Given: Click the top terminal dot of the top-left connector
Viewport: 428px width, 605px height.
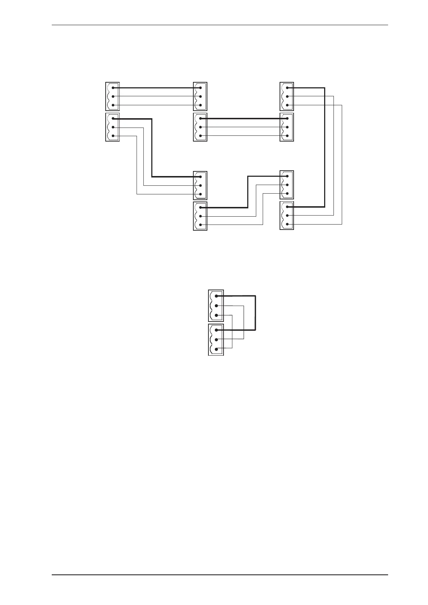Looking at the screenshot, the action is point(113,88).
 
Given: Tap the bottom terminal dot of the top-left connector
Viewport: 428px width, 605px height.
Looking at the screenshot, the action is point(113,105).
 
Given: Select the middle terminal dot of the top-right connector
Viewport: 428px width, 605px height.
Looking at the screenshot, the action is point(287,96).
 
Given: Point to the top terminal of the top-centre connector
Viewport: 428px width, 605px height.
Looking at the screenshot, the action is point(200,88).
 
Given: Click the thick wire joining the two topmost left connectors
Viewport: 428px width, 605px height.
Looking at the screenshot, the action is point(156,88).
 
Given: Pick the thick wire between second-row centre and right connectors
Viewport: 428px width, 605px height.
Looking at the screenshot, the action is point(244,118).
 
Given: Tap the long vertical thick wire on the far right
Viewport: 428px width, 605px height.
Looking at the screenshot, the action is point(325,147).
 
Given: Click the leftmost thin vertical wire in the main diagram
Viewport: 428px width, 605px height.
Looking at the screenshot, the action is point(137,165).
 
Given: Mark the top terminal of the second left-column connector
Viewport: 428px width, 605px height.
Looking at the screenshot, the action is point(113,119).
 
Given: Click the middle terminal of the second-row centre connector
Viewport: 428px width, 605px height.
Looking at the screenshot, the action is point(200,127).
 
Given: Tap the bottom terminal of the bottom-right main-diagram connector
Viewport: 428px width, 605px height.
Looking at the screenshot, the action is point(287,225).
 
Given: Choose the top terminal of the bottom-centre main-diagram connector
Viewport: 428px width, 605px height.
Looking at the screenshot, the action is point(200,207).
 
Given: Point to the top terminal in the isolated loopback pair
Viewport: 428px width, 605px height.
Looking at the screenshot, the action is point(216,296).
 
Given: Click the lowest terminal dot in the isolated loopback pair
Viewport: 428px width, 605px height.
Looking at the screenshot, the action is point(216,349).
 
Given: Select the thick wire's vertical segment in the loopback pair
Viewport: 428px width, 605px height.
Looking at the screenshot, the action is point(255,313).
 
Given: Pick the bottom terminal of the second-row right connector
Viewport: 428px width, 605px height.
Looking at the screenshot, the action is point(287,136).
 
